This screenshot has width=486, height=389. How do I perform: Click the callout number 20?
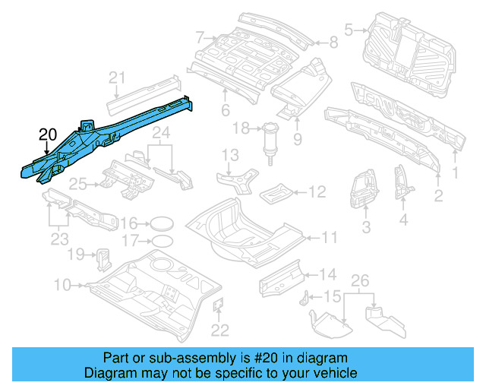click(x=47, y=135)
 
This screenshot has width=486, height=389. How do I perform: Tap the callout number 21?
click(x=115, y=77)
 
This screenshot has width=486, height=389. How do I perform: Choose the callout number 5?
click(x=349, y=30)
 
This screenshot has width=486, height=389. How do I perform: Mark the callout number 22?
click(x=219, y=329)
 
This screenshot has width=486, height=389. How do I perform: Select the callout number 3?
click(x=365, y=226)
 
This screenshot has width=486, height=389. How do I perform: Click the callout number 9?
click(x=297, y=138)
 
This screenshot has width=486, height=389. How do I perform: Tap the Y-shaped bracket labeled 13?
click(x=232, y=182)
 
